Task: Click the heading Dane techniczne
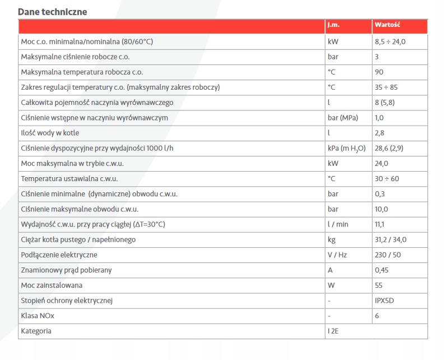[x=53, y=12]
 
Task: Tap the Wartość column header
[x=387, y=26]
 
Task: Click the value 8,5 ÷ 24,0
[x=390, y=41]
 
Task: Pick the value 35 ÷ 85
[x=386, y=87]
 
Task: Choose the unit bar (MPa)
[x=343, y=118]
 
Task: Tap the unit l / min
[x=338, y=224]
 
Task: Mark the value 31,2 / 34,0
[x=391, y=239]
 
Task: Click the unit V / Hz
[x=337, y=255]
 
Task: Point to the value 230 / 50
[x=388, y=255]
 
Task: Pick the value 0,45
[x=382, y=270]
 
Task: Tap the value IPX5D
[x=385, y=301]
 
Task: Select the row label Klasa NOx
[x=38, y=316]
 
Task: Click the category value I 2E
[x=333, y=331]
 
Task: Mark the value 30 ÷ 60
[x=386, y=179]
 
